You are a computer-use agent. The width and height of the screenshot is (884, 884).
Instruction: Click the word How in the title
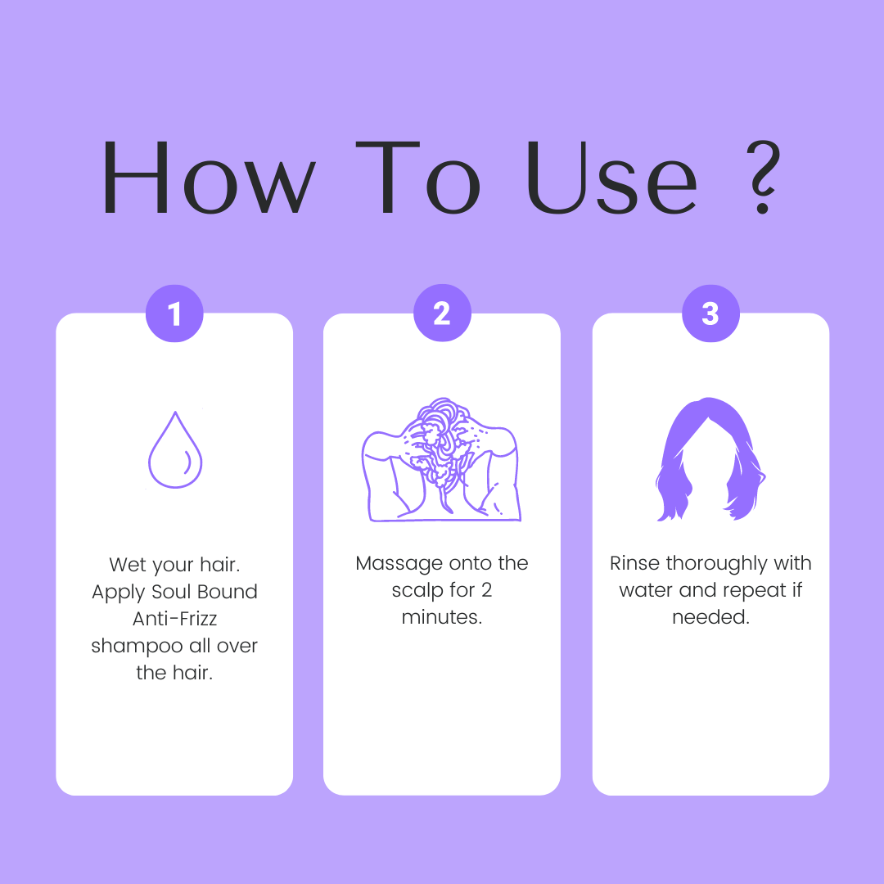click(x=209, y=177)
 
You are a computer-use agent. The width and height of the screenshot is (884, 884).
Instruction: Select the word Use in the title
click(x=611, y=177)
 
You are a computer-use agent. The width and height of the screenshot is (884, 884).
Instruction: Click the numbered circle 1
click(x=174, y=313)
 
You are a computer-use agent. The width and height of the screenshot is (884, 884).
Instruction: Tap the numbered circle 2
click(x=442, y=313)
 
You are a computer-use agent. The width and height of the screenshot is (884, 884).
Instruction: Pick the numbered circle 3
click(x=710, y=313)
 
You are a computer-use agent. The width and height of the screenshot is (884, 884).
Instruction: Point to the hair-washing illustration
click(x=441, y=459)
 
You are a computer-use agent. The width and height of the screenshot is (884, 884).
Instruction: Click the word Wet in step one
click(x=128, y=564)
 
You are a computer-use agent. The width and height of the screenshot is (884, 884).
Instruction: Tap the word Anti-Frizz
click(x=175, y=619)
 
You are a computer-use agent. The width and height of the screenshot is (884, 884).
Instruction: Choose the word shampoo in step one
click(x=137, y=646)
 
